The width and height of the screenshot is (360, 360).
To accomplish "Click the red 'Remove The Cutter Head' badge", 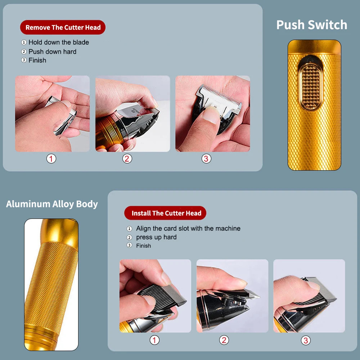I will point(63,27).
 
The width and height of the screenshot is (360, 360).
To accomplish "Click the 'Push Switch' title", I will point(311,25).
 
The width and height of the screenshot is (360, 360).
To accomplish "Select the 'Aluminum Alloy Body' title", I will point(52,204).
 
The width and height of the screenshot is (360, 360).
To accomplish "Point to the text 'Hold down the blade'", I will point(58,42).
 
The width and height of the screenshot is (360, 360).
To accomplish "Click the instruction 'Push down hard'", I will point(52,51).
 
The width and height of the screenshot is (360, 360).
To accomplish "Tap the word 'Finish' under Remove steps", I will point(37,60).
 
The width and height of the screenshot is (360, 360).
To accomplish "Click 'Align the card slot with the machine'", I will point(188,229).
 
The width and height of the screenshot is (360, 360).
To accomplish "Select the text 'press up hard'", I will point(156,237).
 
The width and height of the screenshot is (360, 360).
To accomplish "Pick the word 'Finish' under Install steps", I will point(143,246).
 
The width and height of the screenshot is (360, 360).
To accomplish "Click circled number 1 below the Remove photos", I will point(51,158).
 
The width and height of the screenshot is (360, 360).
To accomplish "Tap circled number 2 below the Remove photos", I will point(127,158).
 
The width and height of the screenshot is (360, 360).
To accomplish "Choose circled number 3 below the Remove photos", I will point(206,158).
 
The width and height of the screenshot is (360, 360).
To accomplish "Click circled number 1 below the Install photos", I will point(154,340).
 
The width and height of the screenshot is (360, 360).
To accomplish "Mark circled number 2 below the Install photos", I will point(224,340).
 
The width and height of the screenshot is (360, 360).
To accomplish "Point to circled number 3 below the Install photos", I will point(306,340).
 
